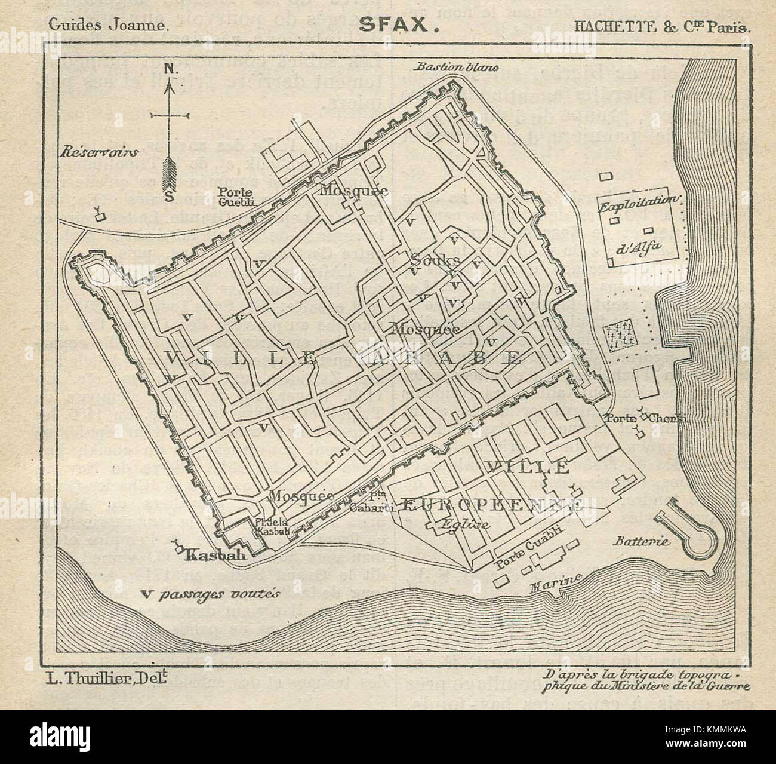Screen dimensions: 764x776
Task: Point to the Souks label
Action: [x=435, y=260]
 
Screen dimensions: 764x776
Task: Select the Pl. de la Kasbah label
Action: [x=272, y=526]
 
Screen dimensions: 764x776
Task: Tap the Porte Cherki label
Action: [x=645, y=418]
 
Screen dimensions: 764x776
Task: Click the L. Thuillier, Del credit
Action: [x=106, y=677]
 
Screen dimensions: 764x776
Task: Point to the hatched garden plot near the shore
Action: [x=618, y=336]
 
